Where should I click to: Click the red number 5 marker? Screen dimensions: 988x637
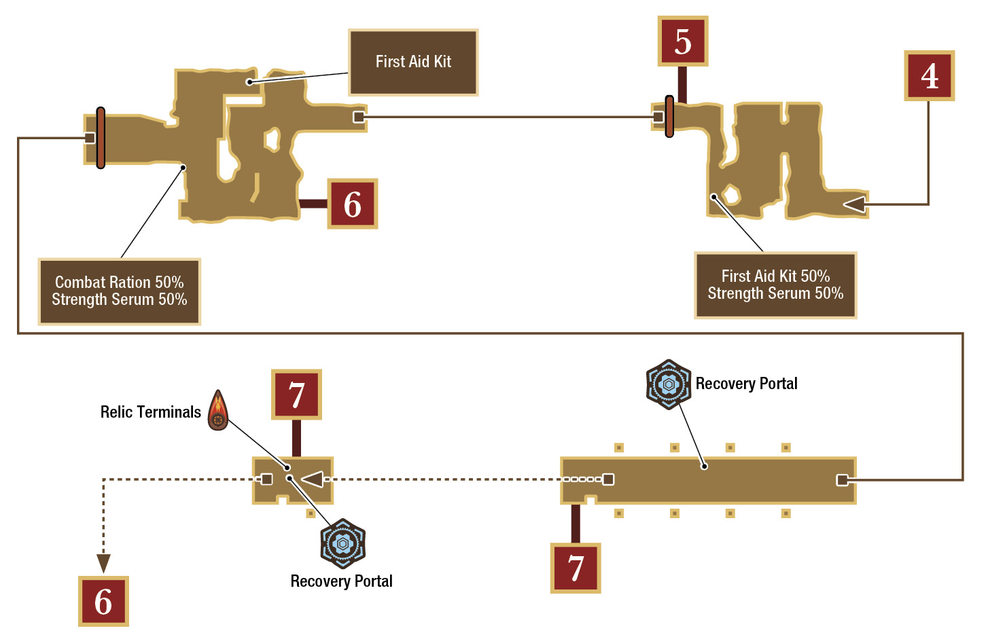tap(683, 41)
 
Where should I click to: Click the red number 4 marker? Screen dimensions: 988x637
tap(930, 76)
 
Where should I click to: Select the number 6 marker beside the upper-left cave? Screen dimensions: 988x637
tap(353, 204)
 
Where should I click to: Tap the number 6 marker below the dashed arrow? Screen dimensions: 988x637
tap(104, 601)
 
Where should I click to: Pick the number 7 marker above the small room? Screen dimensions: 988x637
tap(296, 395)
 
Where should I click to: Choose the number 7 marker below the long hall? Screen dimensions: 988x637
tap(576, 568)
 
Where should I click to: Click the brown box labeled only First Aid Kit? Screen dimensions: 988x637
tap(413, 62)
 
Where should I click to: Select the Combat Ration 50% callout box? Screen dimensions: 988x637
tap(120, 291)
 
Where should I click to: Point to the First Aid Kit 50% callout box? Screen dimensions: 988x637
tap(775, 285)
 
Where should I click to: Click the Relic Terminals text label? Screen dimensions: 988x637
tap(150, 412)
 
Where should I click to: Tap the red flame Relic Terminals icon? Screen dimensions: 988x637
tap(218, 410)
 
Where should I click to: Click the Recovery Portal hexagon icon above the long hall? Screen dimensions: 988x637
tap(669, 384)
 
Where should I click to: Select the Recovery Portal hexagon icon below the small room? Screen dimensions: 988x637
tap(342, 543)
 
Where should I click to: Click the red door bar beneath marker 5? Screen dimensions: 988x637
tap(669, 116)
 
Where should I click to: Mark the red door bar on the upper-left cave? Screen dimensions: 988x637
tap(101, 138)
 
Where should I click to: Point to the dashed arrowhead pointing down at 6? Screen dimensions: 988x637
tap(104, 564)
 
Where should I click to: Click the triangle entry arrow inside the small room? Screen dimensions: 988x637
tap(313, 479)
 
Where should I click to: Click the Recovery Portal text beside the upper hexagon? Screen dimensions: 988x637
tap(746, 384)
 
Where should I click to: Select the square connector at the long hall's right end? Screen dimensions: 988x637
tap(842, 480)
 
